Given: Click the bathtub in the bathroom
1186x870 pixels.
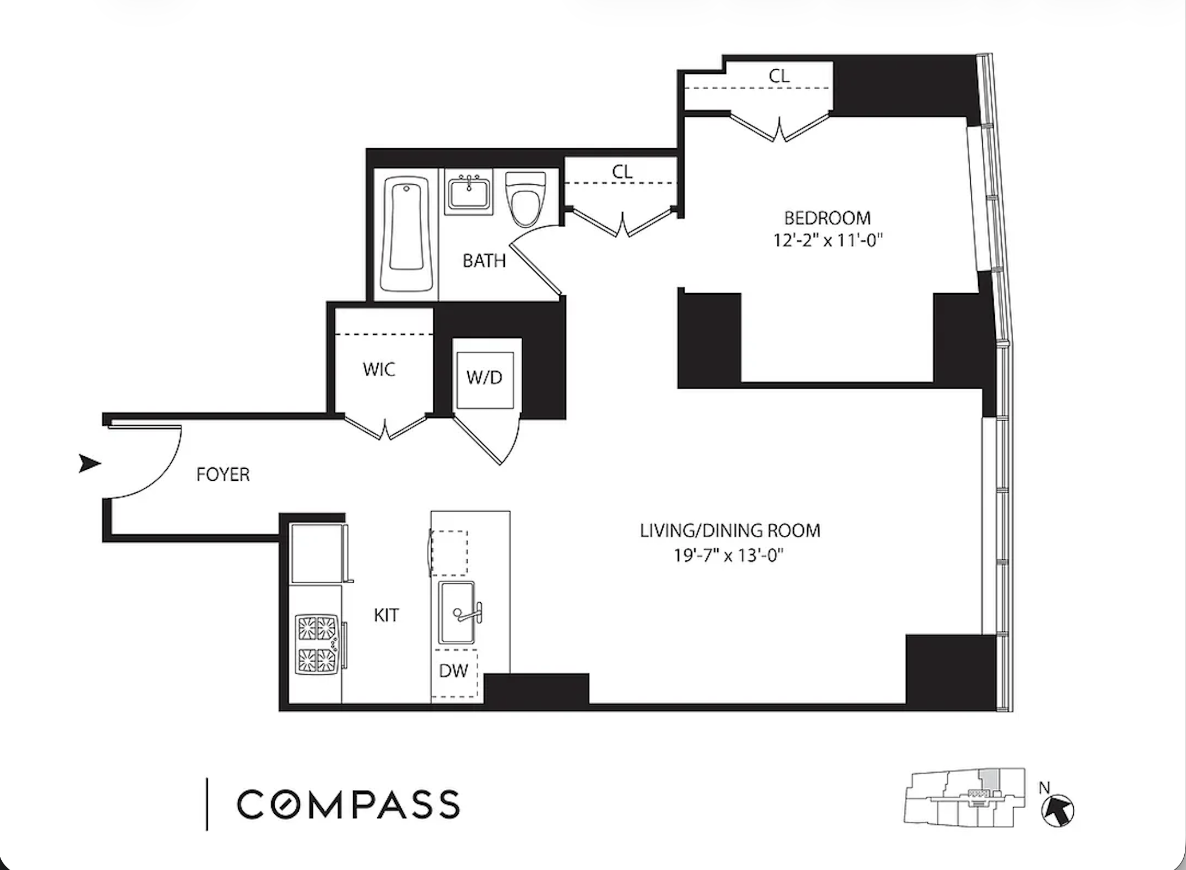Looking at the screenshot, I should (x=406, y=233).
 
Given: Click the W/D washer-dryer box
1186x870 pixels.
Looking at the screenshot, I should (x=485, y=378).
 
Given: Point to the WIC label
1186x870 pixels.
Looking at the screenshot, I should (x=379, y=370).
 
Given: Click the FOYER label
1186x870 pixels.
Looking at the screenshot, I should (x=223, y=475).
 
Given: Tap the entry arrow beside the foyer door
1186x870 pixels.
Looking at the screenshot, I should (x=89, y=463).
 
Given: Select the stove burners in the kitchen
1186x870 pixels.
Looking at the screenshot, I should (x=317, y=643).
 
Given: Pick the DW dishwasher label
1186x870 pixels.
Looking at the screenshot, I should (x=453, y=671).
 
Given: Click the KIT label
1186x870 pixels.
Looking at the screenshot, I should (x=386, y=615).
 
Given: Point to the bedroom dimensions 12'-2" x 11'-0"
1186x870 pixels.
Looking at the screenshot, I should (x=828, y=240).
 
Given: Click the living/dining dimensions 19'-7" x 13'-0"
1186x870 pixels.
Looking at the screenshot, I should (x=728, y=555).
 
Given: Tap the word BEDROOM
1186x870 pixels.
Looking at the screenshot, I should (x=827, y=218).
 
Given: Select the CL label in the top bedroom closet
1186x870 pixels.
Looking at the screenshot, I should (x=779, y=76).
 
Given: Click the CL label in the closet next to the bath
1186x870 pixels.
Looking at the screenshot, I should (x=622, y=172).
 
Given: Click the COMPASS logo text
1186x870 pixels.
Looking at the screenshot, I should (x=348, y=804).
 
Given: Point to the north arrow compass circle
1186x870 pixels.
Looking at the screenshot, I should (x=1057, y=810).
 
